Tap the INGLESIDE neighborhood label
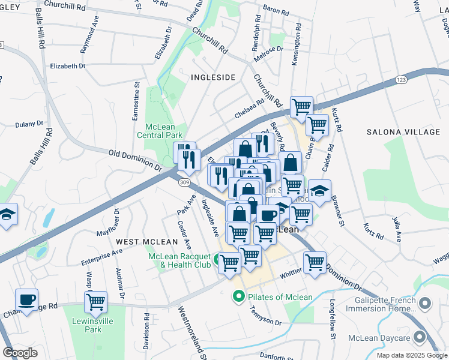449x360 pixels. click(x=213, y=77)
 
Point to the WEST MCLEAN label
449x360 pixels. click(x=147, y=242)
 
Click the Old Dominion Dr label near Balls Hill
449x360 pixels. click(x=136, y=161)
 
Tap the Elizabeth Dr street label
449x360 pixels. click(x=68, y=66)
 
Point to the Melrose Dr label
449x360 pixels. click(x=268, y=50)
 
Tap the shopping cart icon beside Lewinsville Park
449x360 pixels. click(x=95, y=302)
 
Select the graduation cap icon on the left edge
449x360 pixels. click(x=6, y=214)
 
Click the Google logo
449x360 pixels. click(x=20, y=353)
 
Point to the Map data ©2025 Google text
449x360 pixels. click(x=412, y=355)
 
